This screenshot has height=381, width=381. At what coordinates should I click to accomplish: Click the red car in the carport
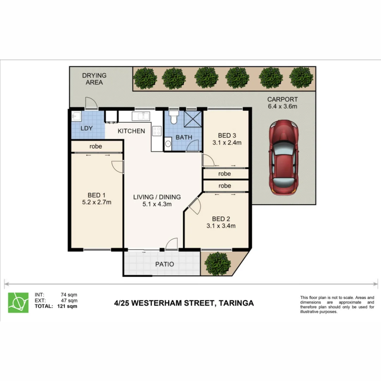pyautogui.click(x=284, y=157)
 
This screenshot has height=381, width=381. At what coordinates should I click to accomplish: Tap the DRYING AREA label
pyautogui.click(x=94, y=79)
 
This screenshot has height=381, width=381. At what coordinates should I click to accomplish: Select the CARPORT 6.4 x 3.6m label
pyautogui.click(x=282, y=103)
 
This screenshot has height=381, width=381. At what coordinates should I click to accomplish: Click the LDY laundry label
pyautogui.click(x=86, y=128)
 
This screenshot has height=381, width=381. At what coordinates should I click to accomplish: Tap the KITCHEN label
pyautogui.click(x=131, y=131)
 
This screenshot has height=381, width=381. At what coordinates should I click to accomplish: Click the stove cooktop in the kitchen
pyautogui.click(x=157, y=131)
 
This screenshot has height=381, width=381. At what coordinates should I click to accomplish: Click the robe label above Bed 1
pyautogui.click(x=96, y=146)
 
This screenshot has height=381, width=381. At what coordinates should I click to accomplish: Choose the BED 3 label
pyautogui.click(x=227, y=135)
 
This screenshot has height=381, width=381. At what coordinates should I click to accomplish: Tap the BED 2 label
pyautogui.click(x=221, y=219)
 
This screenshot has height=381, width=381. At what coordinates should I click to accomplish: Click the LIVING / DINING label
pyautogui.click(x=157, y=197)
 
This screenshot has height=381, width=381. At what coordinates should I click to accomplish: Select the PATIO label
pyautogui.click(x=165, y=264)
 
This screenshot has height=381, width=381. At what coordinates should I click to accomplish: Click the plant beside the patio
pyautogui.click(x=218, y=263)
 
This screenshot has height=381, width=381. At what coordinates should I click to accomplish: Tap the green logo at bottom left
pyautogui.click(x=18, y=302)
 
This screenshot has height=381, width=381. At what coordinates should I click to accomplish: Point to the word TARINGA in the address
pyautogui.click(x=236, y=303)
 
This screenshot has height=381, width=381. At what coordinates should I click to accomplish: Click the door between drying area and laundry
pyautogui.click(x=91, y=103)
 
